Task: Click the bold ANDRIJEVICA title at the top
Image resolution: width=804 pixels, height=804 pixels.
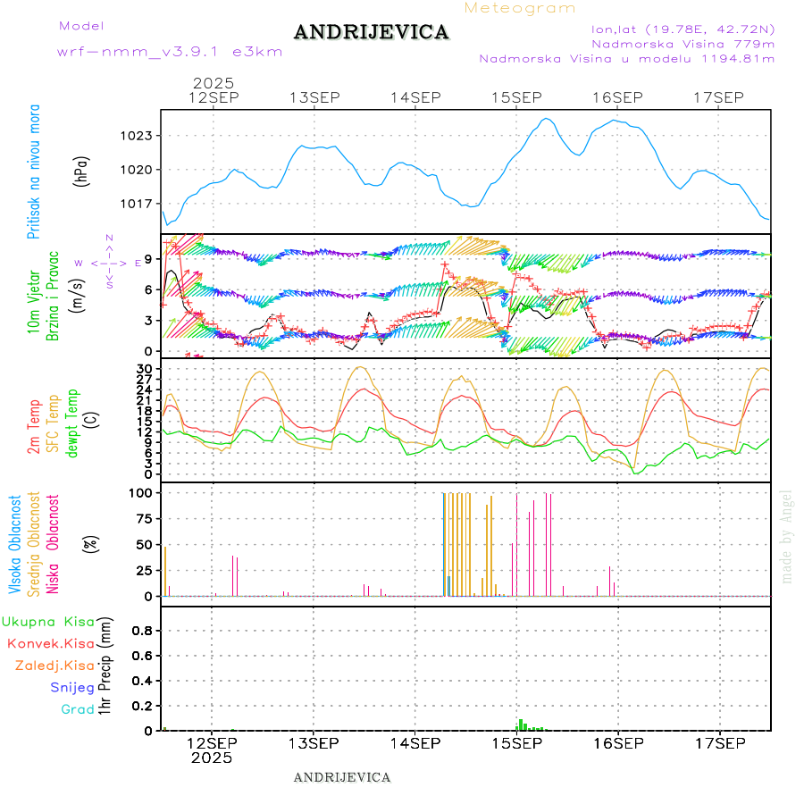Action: pyautogui.click(x=371, y=32)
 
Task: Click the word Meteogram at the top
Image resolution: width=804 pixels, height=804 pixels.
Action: pyautogui.click(x=520, y=8)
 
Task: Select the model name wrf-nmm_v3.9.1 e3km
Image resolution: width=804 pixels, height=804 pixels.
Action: pyautogui.click(x=170, y=51)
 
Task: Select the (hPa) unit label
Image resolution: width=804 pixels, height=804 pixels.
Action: pyautogui.click(x=81, y=171)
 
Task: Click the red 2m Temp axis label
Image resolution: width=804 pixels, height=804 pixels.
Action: pyautogui.click(x=34, y=427)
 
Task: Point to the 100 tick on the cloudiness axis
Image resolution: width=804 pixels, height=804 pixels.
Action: pyautogui.click(x=143, y=492)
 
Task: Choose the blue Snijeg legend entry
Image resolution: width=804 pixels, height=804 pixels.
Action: pyautogui.click(x=71, y=688)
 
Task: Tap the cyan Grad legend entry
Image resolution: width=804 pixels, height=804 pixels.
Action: pyautogui.click(x=77, y=709)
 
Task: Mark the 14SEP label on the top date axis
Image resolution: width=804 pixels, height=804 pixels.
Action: pyautogui.click(x=415, y=97)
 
